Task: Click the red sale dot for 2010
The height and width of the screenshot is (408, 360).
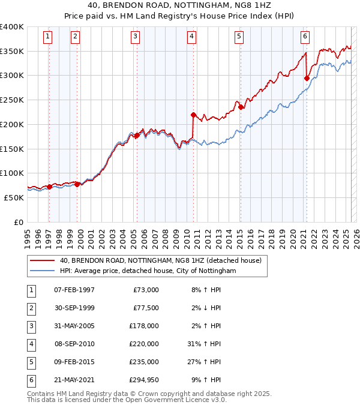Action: (x=193, y=115)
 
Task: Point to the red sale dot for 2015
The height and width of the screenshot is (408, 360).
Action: (x=241, y=107)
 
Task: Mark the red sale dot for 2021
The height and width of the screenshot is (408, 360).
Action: (x=307, y=77)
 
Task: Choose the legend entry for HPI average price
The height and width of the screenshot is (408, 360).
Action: (x=148, y=271)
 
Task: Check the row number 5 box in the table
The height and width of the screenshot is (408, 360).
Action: (x=31, y=362)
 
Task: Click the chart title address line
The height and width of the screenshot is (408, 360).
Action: (x=180, y=5)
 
